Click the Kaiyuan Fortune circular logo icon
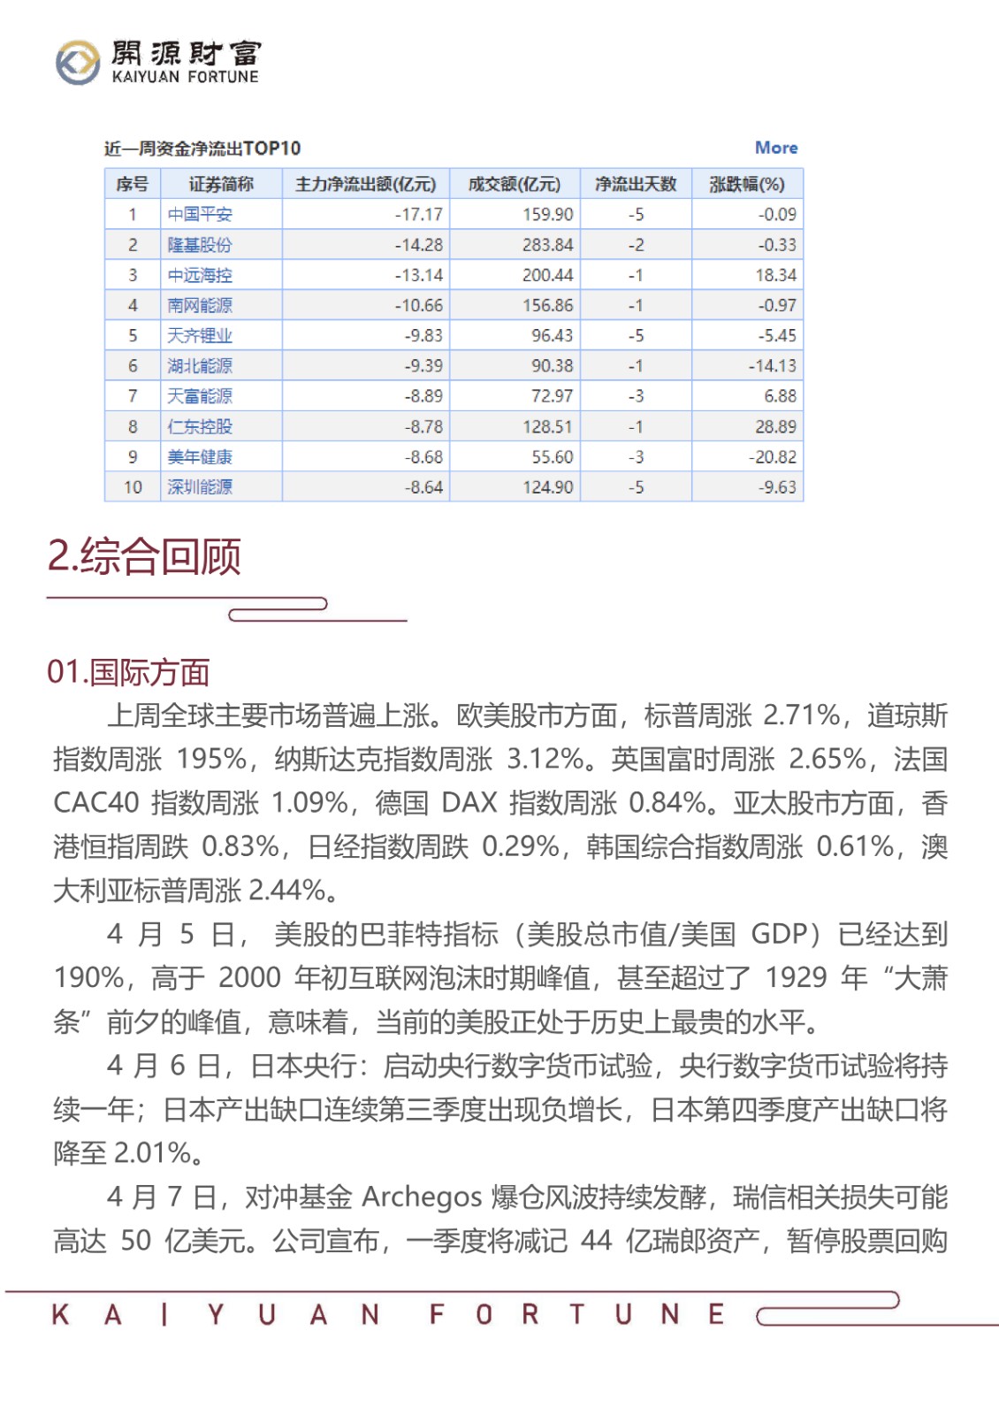(x=78, y=63)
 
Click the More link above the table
(x=775, y=148)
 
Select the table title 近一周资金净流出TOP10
(x=202, y=149)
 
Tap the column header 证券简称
(x=221, y=184)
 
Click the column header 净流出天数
(x=635, y=184)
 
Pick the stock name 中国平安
(x=200, y=214)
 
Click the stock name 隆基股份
(x=200, y=245)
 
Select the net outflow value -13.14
(x=419, y=275)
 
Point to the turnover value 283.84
(x=547, y=245)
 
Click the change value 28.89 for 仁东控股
(x=775, y=426)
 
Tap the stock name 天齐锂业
(x=200, y=335)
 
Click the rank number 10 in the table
(x=133, y=487)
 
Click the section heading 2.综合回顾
(x=144, y=556)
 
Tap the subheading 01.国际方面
(x=128, y=672)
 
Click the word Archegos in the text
(x=422, y=1197)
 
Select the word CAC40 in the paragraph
(x=95, y=803)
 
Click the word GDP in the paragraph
(x=779, y=934)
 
